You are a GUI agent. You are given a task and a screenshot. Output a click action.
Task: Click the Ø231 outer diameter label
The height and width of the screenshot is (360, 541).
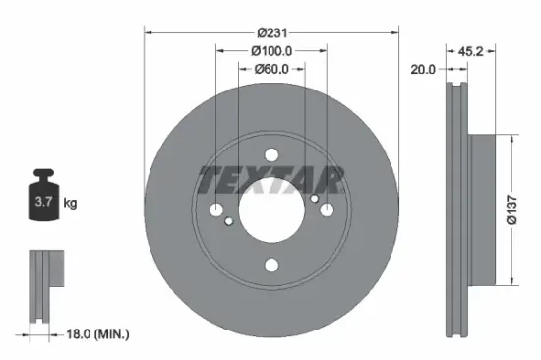[x=272, y=32]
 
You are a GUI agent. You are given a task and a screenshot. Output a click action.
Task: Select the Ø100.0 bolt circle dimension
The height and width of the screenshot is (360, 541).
[x=272, y=50]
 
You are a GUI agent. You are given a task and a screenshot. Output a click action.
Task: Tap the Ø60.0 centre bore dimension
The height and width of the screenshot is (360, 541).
[x=272, y=69]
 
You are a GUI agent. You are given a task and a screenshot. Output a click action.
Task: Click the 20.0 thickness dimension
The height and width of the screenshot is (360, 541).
[x=424, y=69]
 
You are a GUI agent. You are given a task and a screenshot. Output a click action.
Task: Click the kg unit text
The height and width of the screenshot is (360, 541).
[x=70, y=204]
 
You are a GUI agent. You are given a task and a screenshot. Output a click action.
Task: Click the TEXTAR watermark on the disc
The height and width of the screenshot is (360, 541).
[x=271, y=180]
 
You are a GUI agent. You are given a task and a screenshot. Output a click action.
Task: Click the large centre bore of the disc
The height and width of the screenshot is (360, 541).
[x=272, y=210]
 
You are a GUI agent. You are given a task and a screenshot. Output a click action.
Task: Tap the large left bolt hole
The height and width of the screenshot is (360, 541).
[x=217, y=210]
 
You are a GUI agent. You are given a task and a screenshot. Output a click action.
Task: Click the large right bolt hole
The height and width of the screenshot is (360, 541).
[x=328, y=210]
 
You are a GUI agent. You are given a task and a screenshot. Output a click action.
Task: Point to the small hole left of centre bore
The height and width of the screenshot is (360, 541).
[x=229, y=222]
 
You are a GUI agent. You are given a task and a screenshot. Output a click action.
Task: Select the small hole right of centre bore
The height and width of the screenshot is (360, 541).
[x=315, y=198]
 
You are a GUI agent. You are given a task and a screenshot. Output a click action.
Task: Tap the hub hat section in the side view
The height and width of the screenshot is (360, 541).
[x=482, y=210]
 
